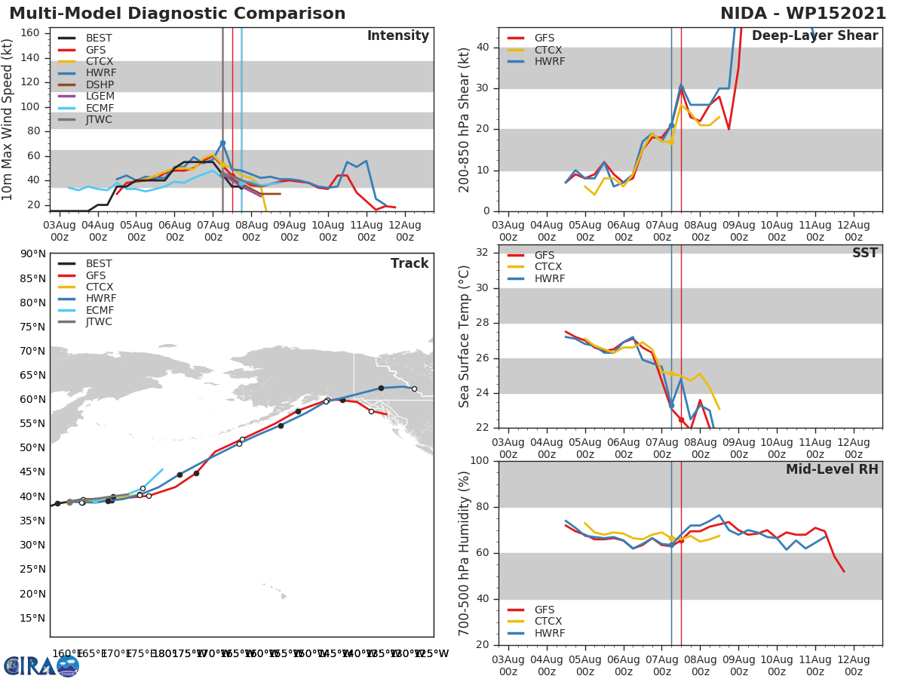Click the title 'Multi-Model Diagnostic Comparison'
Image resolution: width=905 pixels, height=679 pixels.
[177, 14]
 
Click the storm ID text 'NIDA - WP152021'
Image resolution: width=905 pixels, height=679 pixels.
[804, 14]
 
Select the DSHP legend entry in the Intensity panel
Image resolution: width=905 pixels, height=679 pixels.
[99, 84]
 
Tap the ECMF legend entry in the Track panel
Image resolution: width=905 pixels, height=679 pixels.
[99, 310]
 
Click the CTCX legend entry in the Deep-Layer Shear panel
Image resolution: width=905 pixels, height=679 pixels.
[548, 50]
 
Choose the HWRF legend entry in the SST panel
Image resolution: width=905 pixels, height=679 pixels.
[548, 278]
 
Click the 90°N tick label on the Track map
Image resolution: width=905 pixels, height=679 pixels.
[32, 254]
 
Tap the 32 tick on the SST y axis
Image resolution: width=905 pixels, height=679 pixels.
[485, 253]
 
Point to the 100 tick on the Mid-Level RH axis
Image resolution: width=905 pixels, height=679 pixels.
[481, 461]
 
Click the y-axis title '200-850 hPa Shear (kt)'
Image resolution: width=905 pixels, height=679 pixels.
[465, 119]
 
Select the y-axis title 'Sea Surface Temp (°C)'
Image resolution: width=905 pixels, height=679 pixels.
[465, 336]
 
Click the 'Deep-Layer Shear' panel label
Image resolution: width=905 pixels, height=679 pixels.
[814, 36]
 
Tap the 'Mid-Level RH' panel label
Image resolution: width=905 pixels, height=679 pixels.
[831, 469]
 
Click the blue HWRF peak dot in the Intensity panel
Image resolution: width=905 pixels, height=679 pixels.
[222, 143]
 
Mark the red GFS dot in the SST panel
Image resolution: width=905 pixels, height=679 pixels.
[681, 419]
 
